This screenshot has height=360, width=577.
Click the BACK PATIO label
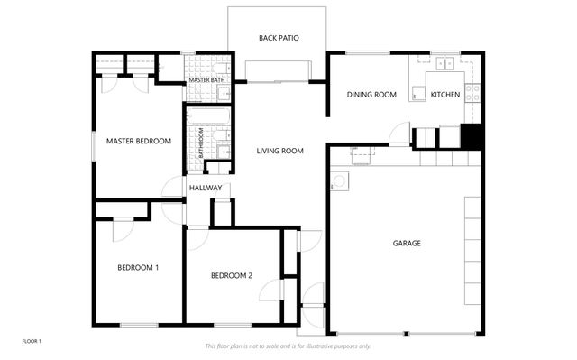pyautogui.click(x=279, y=38)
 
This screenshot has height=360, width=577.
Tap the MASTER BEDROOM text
pyautogui.click(x=138, y=141)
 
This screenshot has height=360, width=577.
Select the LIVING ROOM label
pyautogui.click(x=279, y=151)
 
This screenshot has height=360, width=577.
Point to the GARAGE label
pyautogui.click(x=407, y=243)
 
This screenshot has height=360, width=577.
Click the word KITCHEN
pyautogui.click(x=445, y=95)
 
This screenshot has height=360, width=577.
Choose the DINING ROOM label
pyautogui.click(x=372, y=95)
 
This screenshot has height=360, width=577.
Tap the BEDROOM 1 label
pyautogui.click(x=138, y=267)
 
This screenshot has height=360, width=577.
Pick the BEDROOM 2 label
pyautogui.click(x=231, y=275)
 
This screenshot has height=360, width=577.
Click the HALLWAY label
pyautogui.click(x=205, y=188)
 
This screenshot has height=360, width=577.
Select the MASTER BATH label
pyautogui.click(x=206, y=80)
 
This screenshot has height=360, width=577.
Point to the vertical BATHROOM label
pyautogui.click(x=200, y=143)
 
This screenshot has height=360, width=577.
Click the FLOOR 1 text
pyautogui.click(x=32, y=341)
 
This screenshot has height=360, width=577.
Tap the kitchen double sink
pyautogui.click(x=445, y=63)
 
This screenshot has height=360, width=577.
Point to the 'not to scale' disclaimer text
pyautogui.click(x=288, y=346)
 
